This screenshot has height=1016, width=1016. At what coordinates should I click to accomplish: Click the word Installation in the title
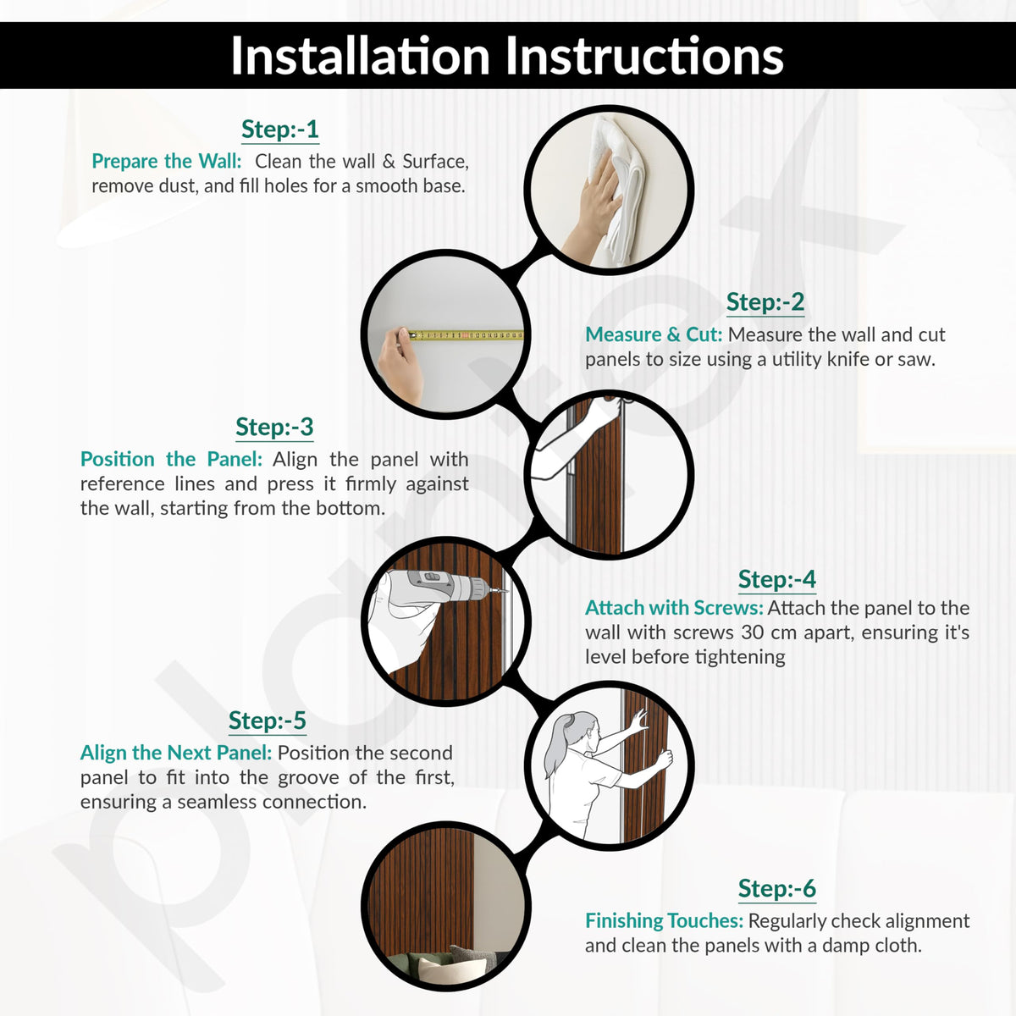coord(361,56)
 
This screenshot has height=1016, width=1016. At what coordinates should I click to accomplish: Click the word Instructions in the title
coord(644,56)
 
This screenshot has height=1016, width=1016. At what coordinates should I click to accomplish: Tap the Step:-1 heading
coord(280,130)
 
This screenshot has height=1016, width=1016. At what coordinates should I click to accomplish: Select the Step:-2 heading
coord(765,302)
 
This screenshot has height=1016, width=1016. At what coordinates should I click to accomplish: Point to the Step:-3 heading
coord(274,427)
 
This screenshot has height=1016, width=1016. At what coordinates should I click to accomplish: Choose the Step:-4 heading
coord(777,579)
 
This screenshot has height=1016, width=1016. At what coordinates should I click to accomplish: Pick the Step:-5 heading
coord(268,721)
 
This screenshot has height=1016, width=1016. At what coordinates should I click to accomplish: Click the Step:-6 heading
coord(777,888)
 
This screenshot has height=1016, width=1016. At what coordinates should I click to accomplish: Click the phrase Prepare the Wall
coord(167,161)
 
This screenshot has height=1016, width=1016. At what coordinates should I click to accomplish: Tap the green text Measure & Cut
coord(654,334)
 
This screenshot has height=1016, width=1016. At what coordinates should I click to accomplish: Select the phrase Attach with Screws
coord(674,608)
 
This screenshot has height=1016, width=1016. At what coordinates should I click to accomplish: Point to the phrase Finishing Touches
coord(665,920)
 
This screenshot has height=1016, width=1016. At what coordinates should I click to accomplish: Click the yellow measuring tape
coord(467,334)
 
